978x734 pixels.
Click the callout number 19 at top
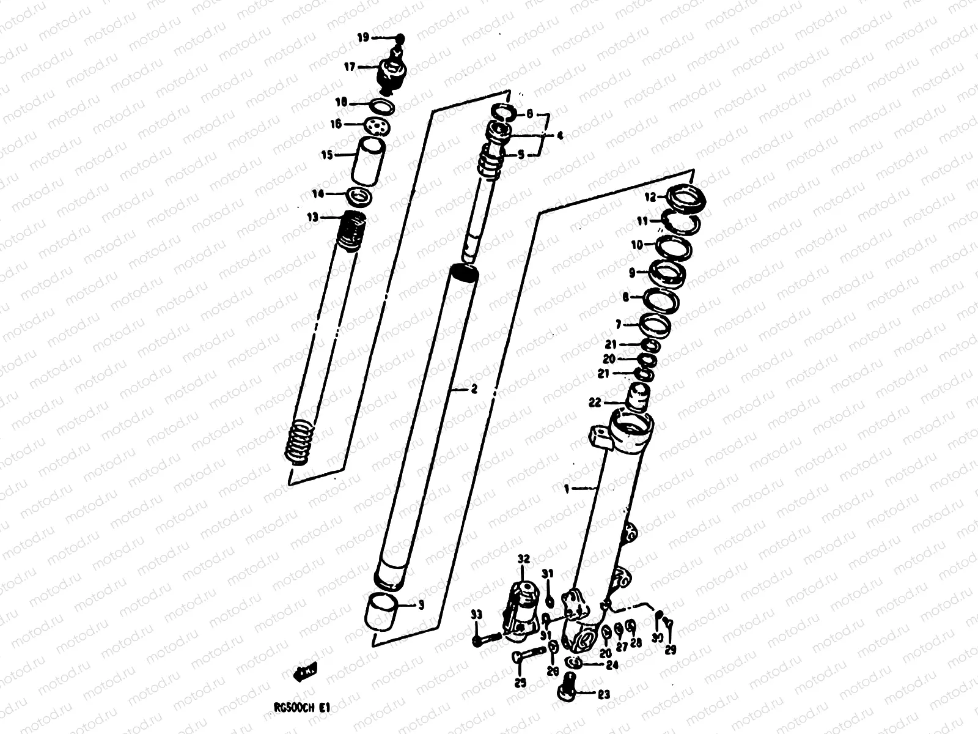click(x=363, y=38)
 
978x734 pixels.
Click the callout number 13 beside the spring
click(x=312, y=217)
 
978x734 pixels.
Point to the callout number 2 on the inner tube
click(x=474, y=389)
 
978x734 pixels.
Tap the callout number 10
click(x=637, y=245)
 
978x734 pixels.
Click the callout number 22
click(x=595, y=402)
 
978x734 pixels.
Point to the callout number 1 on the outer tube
click(x=567, y=489)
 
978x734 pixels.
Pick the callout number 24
click(x=613, y=665)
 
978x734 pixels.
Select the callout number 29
click(x=671, y=651)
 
